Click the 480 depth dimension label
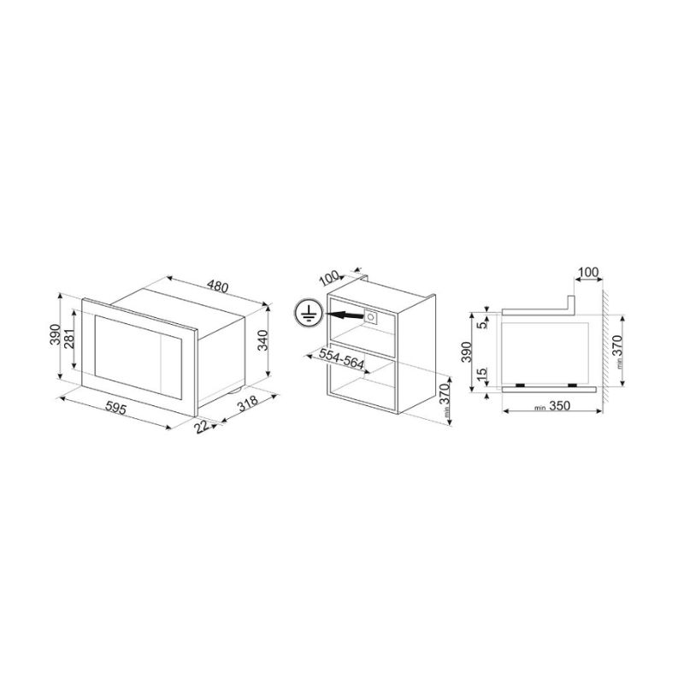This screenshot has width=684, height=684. click(x=217, y=286)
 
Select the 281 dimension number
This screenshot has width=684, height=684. click(x=70, y=338)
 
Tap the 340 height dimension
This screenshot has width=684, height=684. click(x=262, y=340)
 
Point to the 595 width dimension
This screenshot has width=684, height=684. click(x=116, y=408)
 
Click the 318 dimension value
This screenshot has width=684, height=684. click(x=246, y=404)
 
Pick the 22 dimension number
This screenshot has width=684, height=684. click(x=202, y=427)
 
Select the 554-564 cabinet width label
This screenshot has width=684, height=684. click(x=341, y=358)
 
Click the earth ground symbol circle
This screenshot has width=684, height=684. click(x=308, y=313)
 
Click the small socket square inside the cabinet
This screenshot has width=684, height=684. click(x=371, y=316)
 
